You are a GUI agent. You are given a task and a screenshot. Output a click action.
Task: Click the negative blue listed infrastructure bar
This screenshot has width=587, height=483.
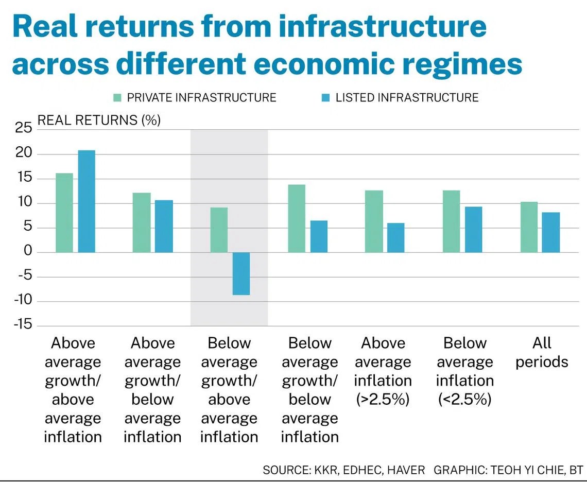click(x=241, y=274)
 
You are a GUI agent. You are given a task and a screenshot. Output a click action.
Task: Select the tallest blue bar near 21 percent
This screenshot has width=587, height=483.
click(x=87, y=201)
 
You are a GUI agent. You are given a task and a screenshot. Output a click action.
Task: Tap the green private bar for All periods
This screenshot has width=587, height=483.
click(x=529, y=227)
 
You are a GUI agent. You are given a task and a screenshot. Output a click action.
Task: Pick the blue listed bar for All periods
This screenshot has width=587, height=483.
click(x=551, y=233)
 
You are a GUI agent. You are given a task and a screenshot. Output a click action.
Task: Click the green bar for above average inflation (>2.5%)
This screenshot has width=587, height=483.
click(x=374, y=221)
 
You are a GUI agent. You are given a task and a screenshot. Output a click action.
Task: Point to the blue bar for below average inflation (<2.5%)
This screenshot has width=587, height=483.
click(x=474, y=230)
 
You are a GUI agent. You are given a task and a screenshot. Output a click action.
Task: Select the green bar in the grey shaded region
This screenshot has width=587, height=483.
click(x=219, y=230)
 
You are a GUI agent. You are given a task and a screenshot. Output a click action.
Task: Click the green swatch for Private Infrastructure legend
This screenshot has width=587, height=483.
click(x=117, y=98)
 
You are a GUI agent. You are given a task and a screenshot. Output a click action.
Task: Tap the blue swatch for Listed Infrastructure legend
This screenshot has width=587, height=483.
click(x=326, y=98)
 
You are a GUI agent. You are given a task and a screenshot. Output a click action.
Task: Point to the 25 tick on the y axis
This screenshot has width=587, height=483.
click(x=24, y=128)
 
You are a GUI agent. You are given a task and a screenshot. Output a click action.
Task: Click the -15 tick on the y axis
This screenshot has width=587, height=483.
click(x=23, y=324)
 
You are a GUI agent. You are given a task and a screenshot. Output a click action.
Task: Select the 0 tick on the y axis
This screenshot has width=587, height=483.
click(x=28, y=250)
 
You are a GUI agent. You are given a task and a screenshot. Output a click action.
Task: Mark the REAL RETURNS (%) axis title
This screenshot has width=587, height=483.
click(x=99, y=120)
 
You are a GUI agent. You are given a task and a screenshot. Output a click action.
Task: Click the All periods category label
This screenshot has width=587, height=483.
click(x=542, y=352)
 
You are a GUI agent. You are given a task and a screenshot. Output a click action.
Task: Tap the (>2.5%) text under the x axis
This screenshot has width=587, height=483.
click(x=383, y=400)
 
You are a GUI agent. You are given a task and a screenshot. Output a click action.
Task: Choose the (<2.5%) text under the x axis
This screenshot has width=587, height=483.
click(x=464, y=400)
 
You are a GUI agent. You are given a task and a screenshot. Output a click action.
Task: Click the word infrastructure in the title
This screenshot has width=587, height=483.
click(x=382, y=26)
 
